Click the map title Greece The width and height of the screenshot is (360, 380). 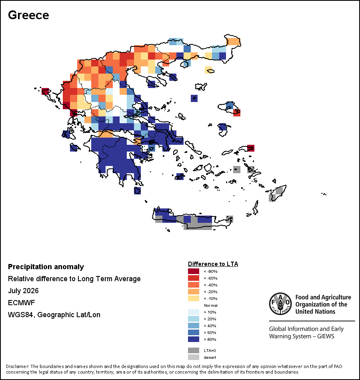(28, 15)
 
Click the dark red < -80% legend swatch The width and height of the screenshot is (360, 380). (194, 271)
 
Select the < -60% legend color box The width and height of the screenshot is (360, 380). (194, 278)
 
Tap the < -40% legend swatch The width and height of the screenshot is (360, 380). (194, 285)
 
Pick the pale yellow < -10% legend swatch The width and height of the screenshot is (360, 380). (194, 298)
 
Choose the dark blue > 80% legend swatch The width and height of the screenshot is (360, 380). (194, 339)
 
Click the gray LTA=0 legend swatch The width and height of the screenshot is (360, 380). (194, 350)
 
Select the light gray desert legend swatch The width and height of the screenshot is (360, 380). (194, 357)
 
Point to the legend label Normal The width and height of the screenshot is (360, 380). (211, 305)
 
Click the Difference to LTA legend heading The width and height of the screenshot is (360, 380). (213, 264)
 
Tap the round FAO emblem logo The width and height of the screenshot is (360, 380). (280, 304)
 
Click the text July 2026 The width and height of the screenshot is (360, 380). (23, 290)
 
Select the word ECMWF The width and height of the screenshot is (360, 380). (21, 303)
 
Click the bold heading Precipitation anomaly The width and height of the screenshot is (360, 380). (46, 266)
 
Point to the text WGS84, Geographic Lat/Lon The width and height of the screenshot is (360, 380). (54, 315)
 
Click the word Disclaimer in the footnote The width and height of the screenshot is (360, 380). (17, 366)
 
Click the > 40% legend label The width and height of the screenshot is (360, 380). (210, 326)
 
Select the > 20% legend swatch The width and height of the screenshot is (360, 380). (194, 319)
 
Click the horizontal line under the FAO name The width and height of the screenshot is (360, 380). (312, 321)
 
